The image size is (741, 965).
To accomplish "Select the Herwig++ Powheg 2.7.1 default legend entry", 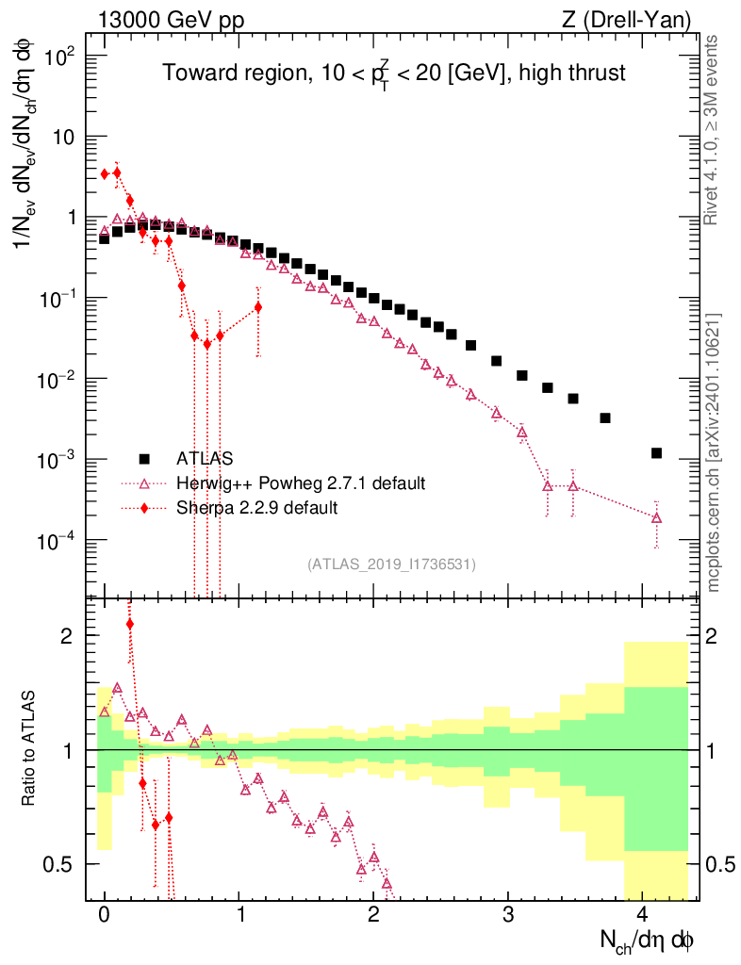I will pos(301,483).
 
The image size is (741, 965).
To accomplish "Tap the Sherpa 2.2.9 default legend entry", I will pos(256,508).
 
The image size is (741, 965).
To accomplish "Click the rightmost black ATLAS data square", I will pos(656,453).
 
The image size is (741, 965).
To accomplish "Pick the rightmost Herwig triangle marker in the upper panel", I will pos(656,517).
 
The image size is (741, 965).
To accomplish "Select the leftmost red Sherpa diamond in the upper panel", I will pos(105,173).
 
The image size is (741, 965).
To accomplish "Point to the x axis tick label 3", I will pos(508,915).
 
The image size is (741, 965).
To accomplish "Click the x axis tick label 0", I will pos(105,915).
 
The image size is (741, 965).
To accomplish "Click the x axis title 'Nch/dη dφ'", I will pos(648,940).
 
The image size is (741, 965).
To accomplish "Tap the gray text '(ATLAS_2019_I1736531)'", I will pos(391,564).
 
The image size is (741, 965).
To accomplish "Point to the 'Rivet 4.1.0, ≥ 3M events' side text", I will pos(713,130).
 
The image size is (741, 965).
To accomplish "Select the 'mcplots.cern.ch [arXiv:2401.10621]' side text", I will pos(714,452).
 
